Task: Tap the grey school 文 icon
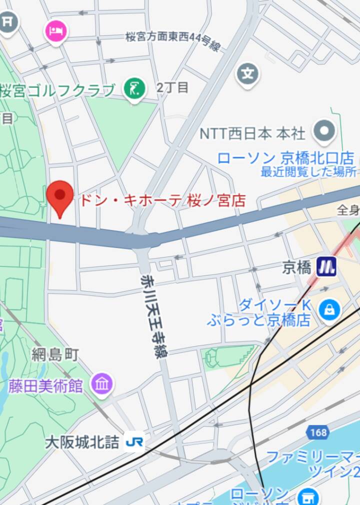coord(247,74)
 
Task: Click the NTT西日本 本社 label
coord(252,133)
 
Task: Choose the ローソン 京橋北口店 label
coord(285,158)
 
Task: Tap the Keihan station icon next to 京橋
coord(326,267)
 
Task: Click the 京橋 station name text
coord(296,268)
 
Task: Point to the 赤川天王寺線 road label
coord(154,315)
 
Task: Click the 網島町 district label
coord(55,355)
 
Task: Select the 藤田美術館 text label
coord(45,385)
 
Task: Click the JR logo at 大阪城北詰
coord(134,442)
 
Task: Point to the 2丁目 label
coord(172,87)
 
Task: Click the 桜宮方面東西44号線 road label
coord(173,40)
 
